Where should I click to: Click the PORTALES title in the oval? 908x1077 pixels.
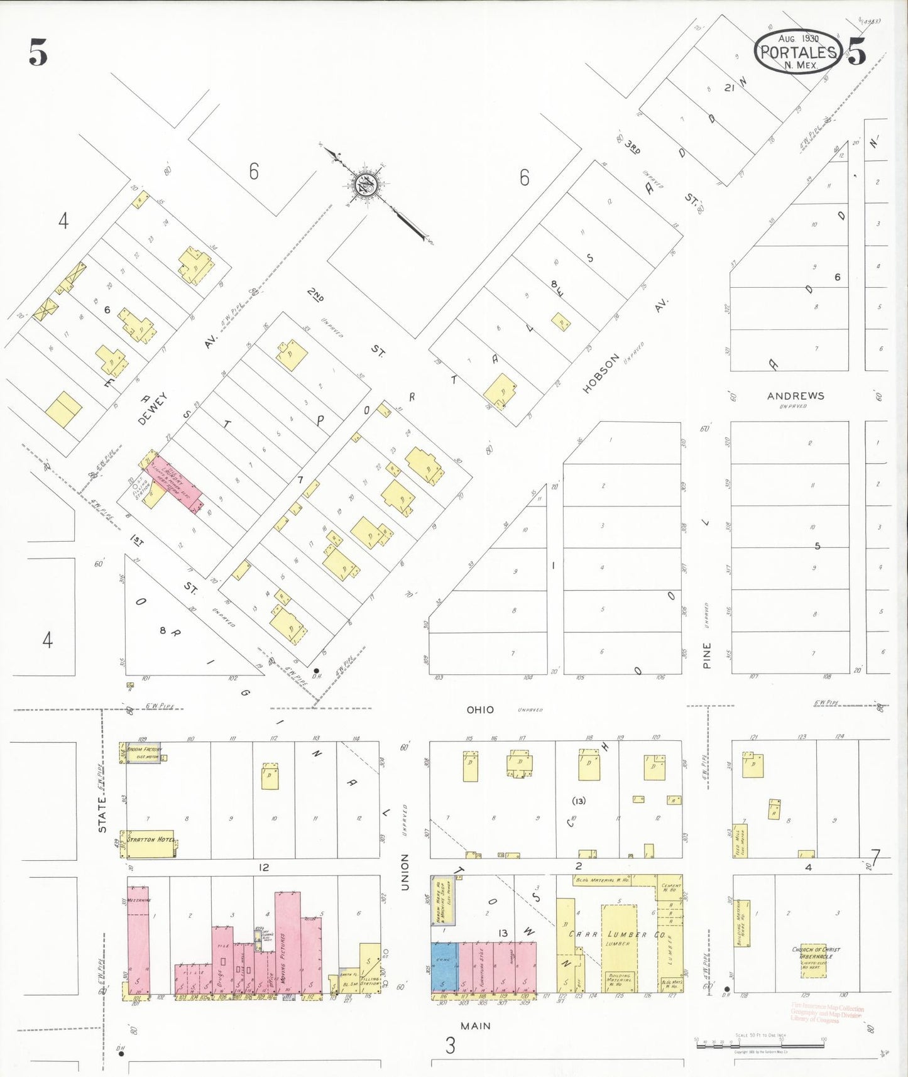pyautogui.click(x=798, y=52)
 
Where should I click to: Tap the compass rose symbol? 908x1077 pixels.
pyautogui.click(x=364, y=183)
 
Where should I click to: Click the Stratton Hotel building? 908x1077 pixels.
pyautogui.click(x=150, y=843)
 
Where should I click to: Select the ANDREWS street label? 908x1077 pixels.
pyautogui.click(x=796, y=396)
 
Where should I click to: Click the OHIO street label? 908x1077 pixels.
pyautogui.click(x=480, y=709)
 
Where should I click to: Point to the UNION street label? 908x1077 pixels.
pyautogui.click(x=405, y=872)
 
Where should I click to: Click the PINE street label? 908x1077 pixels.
pyautogui.click(x=707, y=655)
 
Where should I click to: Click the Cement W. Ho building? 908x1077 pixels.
pyautogui.click(x=670, y=887)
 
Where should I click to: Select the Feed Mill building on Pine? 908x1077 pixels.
pyautogui.click(x=740, y=840)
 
